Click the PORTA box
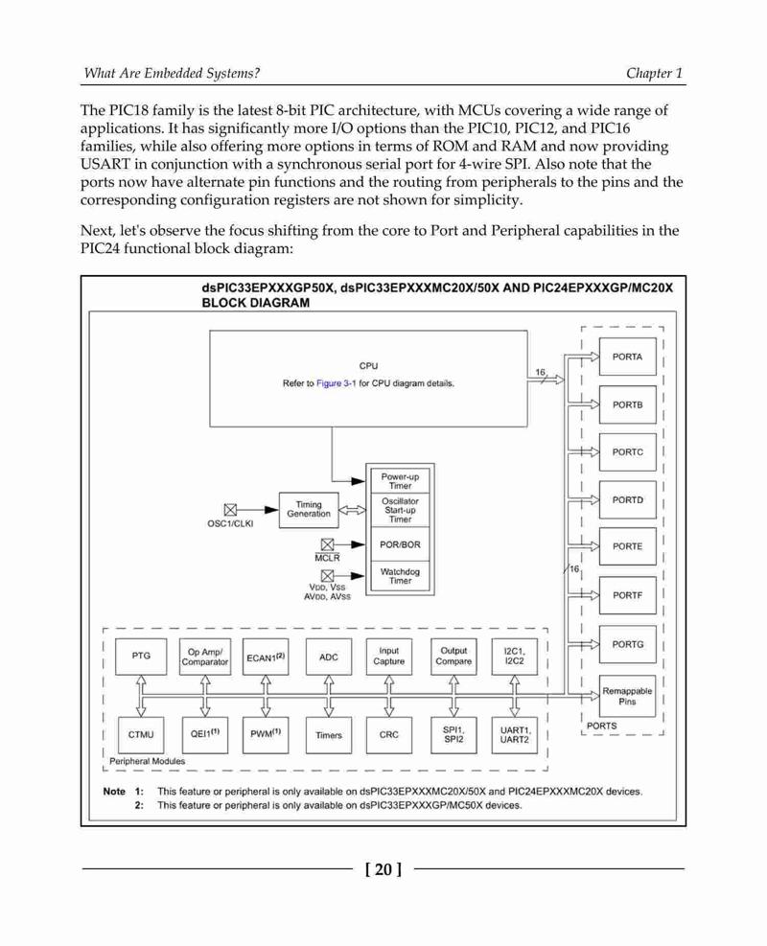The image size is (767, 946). click(627, 357)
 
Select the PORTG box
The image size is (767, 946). click(627, 644)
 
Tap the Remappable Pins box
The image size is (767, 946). click(627, 696)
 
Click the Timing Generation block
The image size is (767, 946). click(309, 510)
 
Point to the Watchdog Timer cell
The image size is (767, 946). click(400, 576)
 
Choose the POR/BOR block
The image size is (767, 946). click(400, 544)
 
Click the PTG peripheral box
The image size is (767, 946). click(141, 656)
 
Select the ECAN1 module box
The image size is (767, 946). click(266, 657)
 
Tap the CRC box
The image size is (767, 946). click(388, 735)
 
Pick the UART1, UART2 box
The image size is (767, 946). click(514, 735)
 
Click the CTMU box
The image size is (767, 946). click(141, 735)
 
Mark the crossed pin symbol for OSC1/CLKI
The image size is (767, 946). click(230, 510)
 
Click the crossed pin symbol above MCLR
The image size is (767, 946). click(327, 544)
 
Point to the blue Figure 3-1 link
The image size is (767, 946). click(337, 383)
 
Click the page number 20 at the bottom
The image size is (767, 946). click(383, 869)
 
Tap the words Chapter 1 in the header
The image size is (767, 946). click(654, 73)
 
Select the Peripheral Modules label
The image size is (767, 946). click(148, 761)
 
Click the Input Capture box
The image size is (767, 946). click(388, 657)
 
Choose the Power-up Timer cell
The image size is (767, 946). click(400, 481)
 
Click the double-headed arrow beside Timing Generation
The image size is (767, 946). click(353, 511)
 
